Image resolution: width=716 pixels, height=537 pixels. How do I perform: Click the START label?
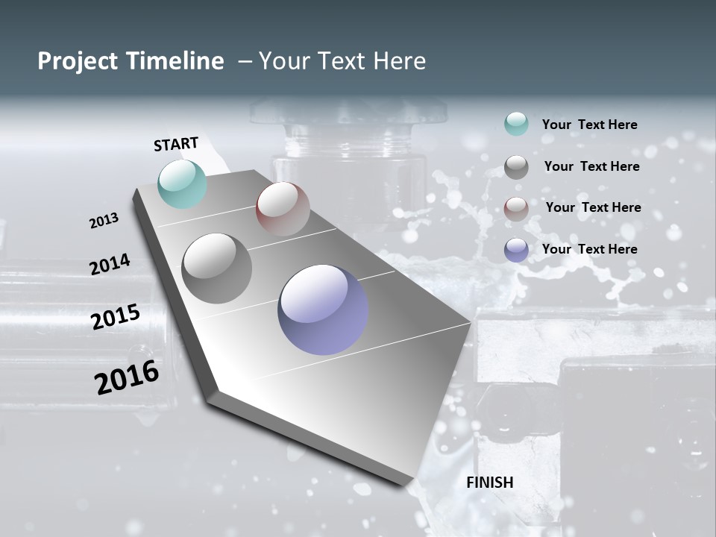[x=176, y=144]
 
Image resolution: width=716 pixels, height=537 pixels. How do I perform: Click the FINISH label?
[x=489, y=483]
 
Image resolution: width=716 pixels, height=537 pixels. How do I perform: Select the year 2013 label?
[x=104, y=221]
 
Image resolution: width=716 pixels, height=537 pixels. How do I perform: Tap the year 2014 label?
[x=110, y=264]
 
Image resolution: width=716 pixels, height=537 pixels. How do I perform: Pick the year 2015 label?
[x=115, y=317]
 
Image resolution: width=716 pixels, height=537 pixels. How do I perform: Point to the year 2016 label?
[x=127, y=377]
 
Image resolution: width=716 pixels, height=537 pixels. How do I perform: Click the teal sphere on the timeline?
[x=183, y=183]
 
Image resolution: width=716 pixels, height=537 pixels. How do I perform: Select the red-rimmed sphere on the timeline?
[x=283, y=209]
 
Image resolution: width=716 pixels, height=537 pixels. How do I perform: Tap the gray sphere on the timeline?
[x=217, y=268]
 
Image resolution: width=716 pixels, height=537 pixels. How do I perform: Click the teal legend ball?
[x=516, y=125]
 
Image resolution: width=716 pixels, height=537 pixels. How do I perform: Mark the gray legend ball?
[x=516, y=166]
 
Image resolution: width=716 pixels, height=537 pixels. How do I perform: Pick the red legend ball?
[x=516, y=208]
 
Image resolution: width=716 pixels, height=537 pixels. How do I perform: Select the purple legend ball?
[x=516, y=250]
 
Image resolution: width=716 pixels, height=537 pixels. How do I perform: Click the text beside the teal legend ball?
[x=589, y=125]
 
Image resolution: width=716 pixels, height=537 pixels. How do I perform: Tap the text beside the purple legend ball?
[x=589, y=249]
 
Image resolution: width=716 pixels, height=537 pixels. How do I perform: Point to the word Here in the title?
[x=398, y=61]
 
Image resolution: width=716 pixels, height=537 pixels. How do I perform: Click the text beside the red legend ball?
[x=593, y=207]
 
